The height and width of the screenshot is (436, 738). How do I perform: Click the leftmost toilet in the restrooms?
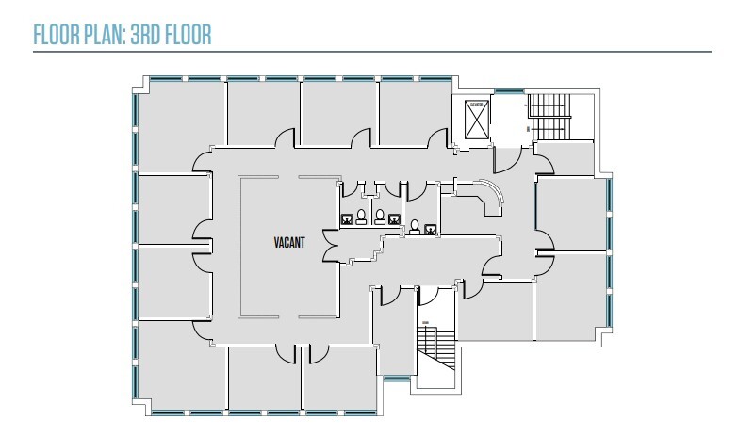point(360,216)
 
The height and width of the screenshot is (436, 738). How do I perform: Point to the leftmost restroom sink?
point(346,219)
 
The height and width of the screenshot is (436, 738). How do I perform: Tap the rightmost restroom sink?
point(430,228)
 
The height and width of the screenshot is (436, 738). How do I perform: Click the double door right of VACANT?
point(330,247)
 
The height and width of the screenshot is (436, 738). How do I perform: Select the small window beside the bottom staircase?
point(397,378)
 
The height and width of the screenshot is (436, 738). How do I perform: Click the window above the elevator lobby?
point(509,91)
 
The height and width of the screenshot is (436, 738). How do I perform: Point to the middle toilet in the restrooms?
point(380,216)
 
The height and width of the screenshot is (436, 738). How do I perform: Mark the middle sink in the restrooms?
point(395,219)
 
